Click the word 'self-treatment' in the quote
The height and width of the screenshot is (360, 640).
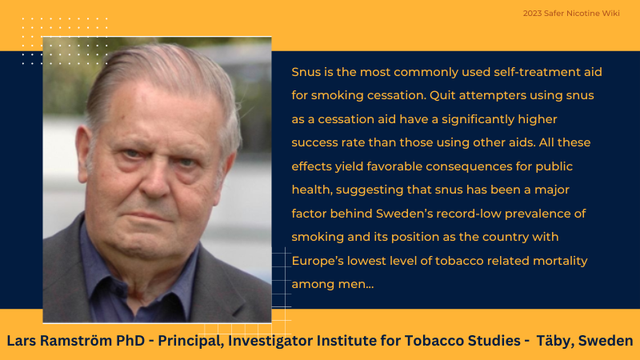531,72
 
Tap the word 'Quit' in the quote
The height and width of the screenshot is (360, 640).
442,95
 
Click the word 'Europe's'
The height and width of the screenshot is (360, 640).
318,261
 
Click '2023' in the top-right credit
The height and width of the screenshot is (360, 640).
532,14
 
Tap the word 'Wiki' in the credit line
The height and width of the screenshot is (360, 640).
610,14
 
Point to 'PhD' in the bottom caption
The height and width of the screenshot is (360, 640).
130,341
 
